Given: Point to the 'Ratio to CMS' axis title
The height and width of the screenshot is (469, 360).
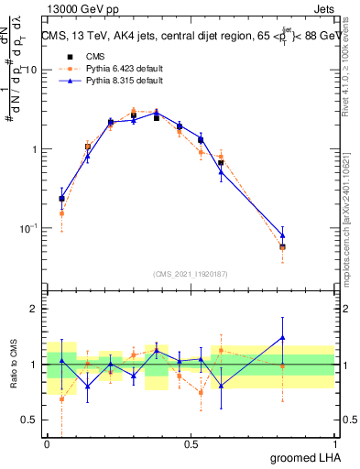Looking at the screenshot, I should pyautogui.click(x=12, y=364).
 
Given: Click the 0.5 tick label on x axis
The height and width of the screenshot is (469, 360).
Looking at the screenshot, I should pyautogui.click(x=191, y=443).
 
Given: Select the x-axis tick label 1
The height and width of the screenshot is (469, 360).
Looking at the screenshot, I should pyautogui.click(x=334, y=443).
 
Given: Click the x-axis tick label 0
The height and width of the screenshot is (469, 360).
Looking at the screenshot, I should pyautogui.click(x=48, y=443).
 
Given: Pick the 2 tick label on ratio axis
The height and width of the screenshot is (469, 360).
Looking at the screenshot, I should pyautogui.click(x=35, y=310).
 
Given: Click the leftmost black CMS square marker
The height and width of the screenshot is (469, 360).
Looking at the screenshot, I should pyautogui.click(x=61, y=198).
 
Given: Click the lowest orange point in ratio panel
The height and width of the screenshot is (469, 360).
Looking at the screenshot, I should pyautogui.click(x=61, y=399).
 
